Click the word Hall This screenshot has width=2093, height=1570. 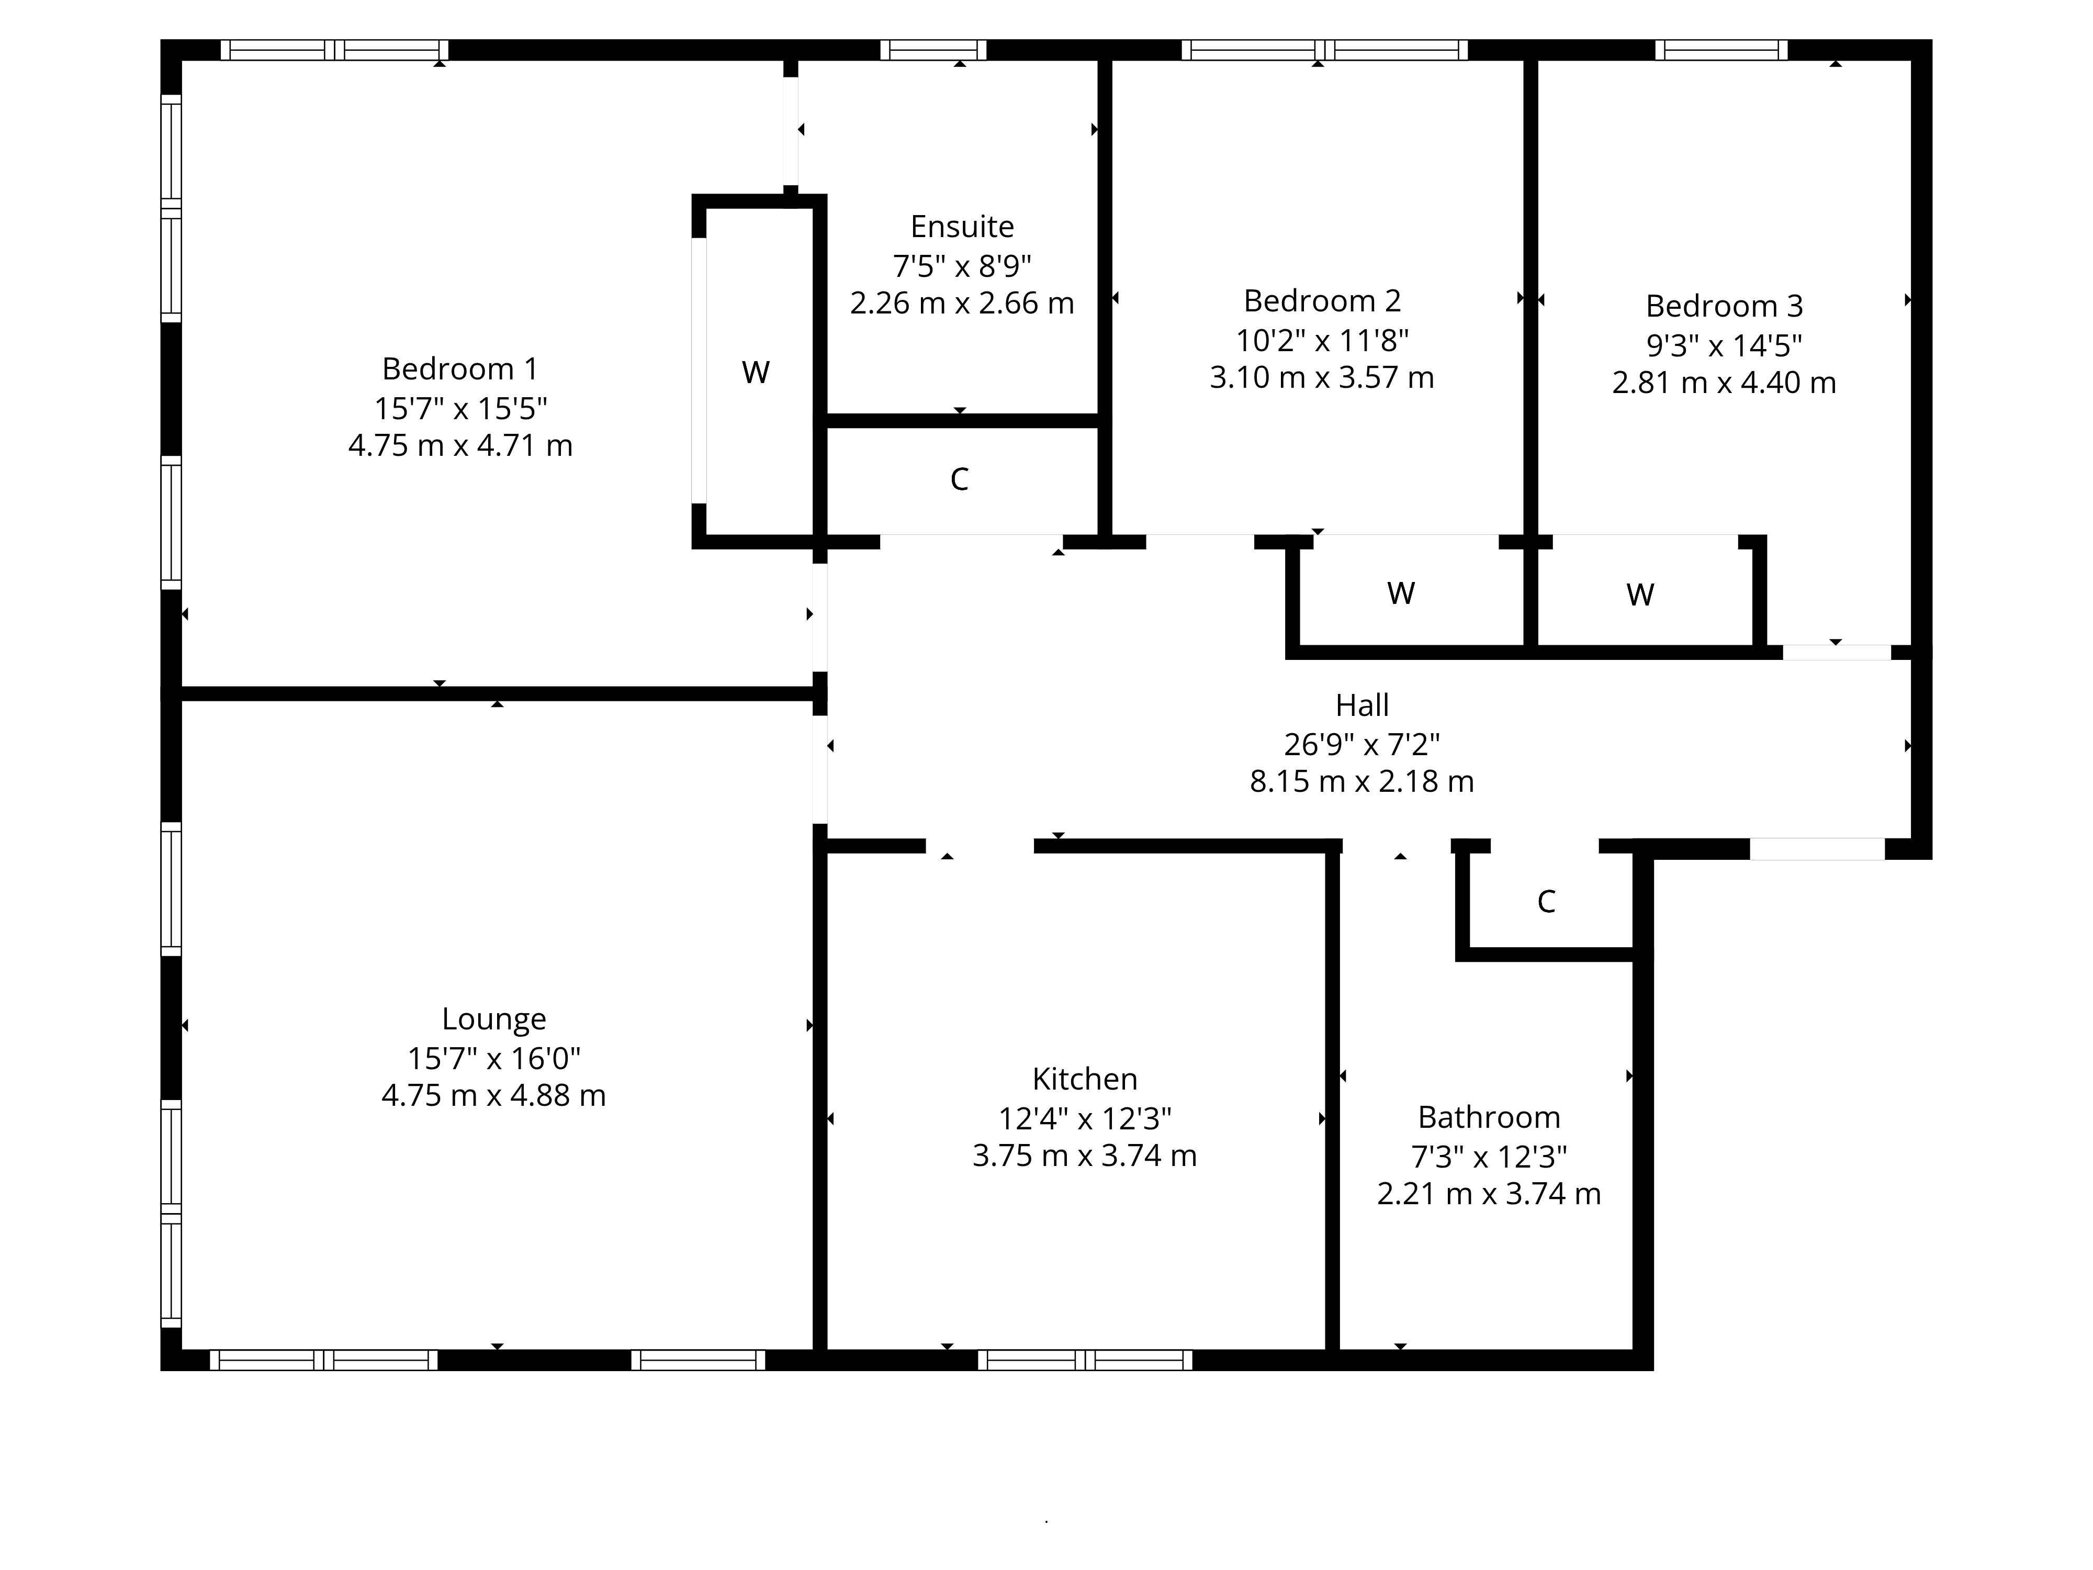click(1363, 705)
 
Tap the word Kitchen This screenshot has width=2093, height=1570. click(1085, 1079)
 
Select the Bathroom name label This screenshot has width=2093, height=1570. click(1489, 1118)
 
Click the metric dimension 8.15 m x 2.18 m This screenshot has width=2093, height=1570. click(1363, 782)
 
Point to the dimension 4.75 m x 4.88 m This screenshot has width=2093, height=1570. click(494, 1096)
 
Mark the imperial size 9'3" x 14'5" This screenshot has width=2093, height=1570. click(1724, 345)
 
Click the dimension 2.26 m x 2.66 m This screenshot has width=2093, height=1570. click(962, 304)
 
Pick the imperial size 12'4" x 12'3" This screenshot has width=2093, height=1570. click(1085, 1118)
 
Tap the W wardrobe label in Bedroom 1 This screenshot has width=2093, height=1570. click(755, 373)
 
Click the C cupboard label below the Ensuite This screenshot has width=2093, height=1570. click(960, 480)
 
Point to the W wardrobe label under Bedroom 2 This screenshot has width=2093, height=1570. click(1401, 593)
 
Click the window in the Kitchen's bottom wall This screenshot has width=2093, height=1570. click(1085, 1360)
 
